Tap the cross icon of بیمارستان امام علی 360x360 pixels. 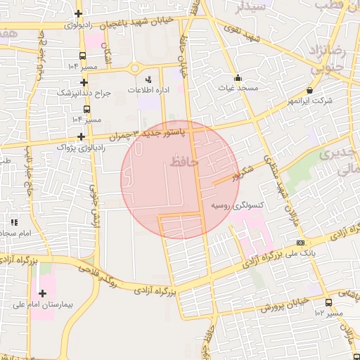[42, 292]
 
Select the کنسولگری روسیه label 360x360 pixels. [237, 205]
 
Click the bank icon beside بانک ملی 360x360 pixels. [301, 243]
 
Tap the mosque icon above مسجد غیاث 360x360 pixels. [238, 78]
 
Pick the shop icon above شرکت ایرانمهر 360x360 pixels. [310, 90]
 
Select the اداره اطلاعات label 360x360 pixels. [147, 90]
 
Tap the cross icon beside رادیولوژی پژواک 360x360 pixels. [82, 136]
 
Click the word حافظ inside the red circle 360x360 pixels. [184, 162]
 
